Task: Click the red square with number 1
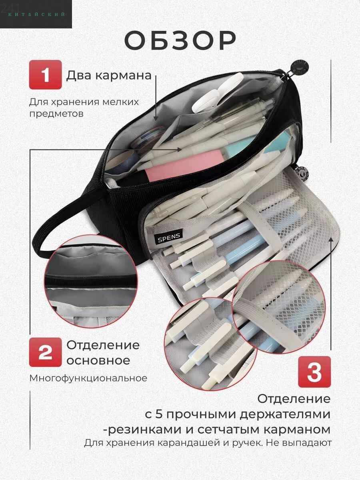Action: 46,75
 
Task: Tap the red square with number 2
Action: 46,352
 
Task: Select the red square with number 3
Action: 314,372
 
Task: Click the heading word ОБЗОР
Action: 180,41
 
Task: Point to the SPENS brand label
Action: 169,237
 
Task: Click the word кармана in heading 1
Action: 124,76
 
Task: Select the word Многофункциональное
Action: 88,378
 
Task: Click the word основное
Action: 98,360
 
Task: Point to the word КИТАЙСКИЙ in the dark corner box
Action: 36,14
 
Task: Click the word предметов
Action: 56,114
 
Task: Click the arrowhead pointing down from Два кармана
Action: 156,118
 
